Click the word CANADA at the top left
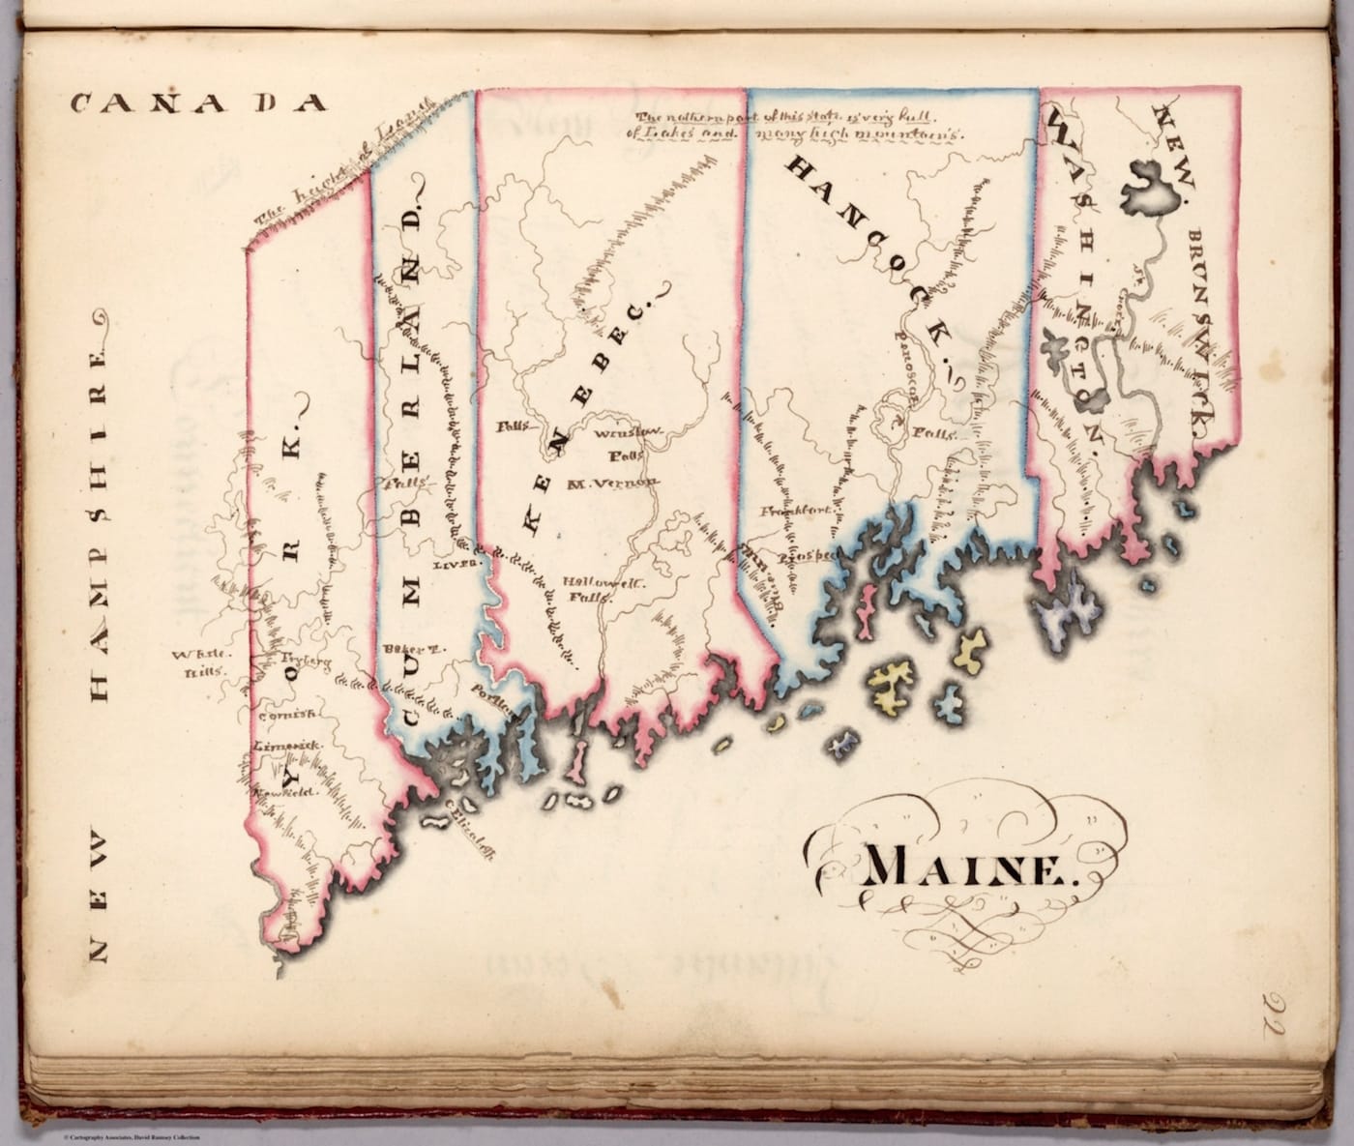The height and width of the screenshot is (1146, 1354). coord(199,103)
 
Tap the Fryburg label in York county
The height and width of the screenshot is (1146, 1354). coord(306,661)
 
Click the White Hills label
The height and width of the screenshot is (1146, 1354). coord(199,661)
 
